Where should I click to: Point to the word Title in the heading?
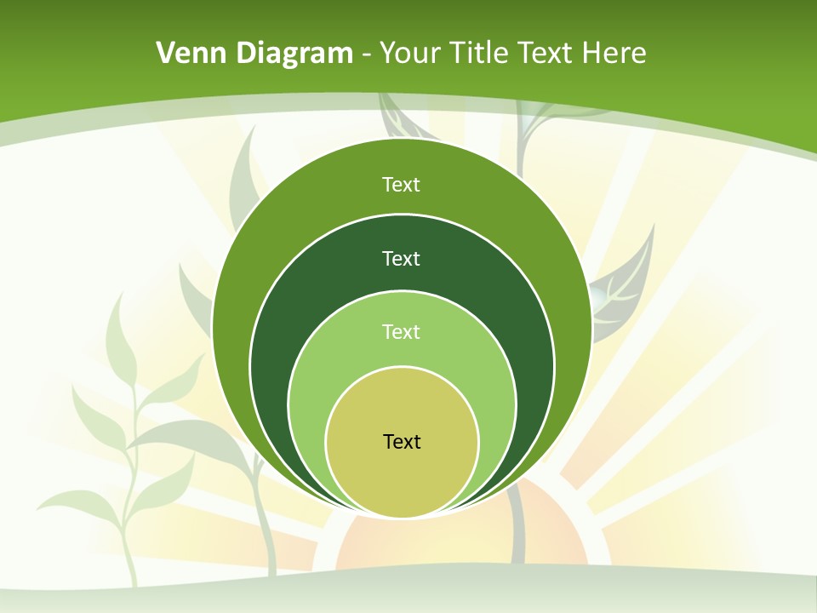[484, 54]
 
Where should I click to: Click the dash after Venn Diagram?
[366, 55]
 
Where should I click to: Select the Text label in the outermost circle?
[401, 185]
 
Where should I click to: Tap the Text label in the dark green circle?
[401, 258]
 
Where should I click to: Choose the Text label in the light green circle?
[401, 331]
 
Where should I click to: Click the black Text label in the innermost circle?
[402, 442]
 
